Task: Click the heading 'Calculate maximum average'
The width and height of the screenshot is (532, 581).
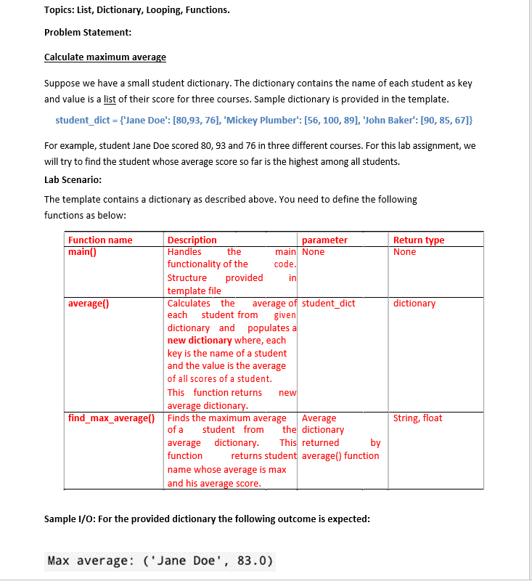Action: click(x=105, y=57)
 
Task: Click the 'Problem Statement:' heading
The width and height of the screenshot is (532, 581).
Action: click(x=88, y=33)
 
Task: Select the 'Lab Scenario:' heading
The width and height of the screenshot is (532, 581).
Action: click(x=73, y=179)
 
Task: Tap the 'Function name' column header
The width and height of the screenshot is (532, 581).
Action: click(x=100, y=240)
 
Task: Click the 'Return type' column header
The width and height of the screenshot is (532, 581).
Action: click(x=419, y=240)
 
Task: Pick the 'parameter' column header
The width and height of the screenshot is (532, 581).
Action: click(x=324, y=240)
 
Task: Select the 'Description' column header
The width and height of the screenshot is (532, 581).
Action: click(x=192, y=240)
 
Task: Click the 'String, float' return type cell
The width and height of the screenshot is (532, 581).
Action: click(x=417, y=418)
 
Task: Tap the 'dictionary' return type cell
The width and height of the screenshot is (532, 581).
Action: click(x=414, y=304)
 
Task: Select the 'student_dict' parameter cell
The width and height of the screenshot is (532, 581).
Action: click(x=329, y=304)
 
